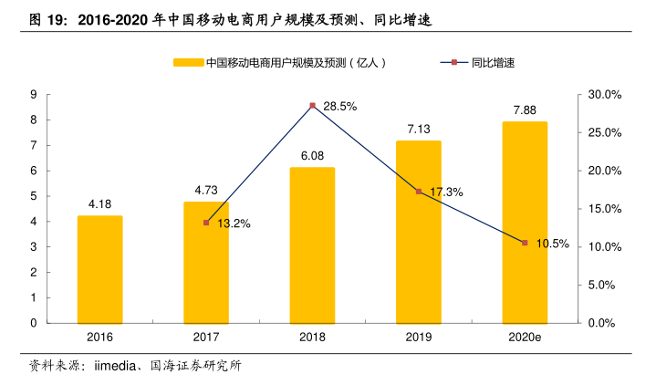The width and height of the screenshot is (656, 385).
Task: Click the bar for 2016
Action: pyautogui.click(x=99, y=269)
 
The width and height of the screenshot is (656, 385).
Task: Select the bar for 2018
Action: pyautogui.click(x=312, y=245)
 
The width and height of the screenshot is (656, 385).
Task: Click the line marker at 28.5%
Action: pyautogui.click(x=312, y=106)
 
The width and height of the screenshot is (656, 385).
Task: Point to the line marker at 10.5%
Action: pyautogui.click(x=525, y=243)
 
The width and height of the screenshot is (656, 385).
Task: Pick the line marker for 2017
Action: pyautogui.click(x=206, y=223)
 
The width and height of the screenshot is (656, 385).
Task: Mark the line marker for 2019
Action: pyautogui.click(x=419, y=192)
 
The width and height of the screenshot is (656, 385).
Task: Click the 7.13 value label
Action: pyautogui.click(x=419, y=129)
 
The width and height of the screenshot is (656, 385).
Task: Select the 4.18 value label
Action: pyautogui.click(x=99, y=203)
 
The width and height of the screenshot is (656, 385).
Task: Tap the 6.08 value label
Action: pyautogui.click(x=312, y=155)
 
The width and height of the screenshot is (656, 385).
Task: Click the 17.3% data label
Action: pyautogui.click(x=446, y=192)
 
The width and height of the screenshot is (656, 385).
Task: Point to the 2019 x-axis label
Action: pyautogui.click(x=419, y=338)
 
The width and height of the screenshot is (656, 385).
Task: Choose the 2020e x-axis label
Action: pyautogui.click(x=525, y=338)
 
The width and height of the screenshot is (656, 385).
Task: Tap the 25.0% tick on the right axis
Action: pyautogui.click(x=604, y=133)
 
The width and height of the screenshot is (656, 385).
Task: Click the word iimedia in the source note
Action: pyautogui.click(x=114, y=367)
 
